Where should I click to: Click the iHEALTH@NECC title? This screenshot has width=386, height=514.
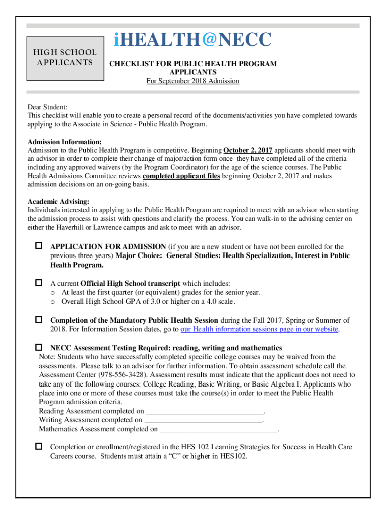[x=192, y=40]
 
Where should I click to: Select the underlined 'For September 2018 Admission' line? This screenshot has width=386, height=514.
[x=192, y=81]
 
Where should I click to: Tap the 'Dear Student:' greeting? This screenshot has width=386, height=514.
[x=47, y=107]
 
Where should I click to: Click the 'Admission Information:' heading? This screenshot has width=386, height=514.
[x=65, y=142]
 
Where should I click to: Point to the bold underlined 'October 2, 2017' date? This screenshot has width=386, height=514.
[x=248, y=150]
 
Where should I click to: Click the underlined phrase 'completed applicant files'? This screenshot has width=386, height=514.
[x=181, y=177]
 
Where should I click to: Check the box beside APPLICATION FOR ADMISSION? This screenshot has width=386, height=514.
[x=39, y=246]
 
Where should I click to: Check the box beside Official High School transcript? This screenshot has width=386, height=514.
[x=39, y=283]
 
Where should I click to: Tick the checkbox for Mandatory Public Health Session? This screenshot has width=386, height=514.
[x=39, y=320]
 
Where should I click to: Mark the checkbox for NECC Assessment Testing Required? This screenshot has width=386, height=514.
[x=39, y=347]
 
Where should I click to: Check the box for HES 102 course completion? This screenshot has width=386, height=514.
[x=39, y=446]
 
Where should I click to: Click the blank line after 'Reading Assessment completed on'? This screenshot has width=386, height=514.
[x=205, y=411]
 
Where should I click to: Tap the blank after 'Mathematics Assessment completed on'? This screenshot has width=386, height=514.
[x=219, y=429]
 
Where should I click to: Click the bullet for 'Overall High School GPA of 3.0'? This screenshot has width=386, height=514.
[x=52, y=302]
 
